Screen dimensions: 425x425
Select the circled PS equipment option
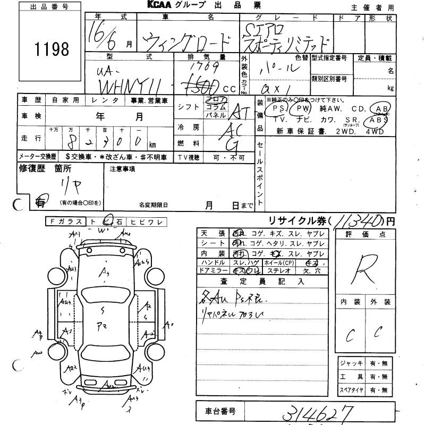[x=276, y=109]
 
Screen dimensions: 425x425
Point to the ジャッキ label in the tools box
[x=352, y=363]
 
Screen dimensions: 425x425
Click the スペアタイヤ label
[x=352, y=390]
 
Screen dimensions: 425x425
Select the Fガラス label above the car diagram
[x=64, y=221]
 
